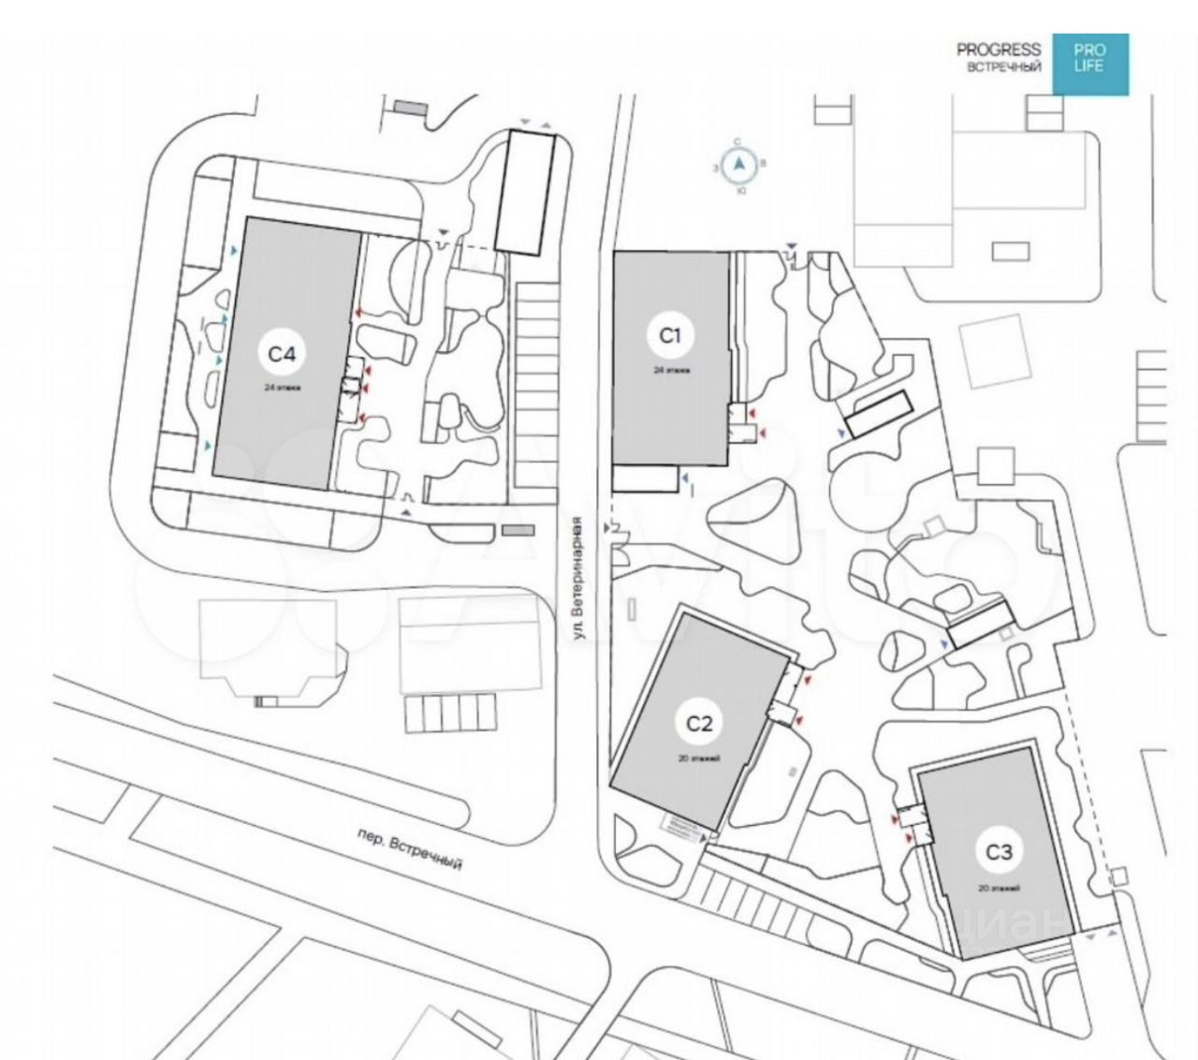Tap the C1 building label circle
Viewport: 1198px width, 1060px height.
point(671,335)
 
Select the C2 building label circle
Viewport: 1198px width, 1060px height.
point(699,723)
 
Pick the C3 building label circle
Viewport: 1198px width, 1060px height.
point(1000,852)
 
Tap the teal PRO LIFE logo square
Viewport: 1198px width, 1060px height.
point(1089,64)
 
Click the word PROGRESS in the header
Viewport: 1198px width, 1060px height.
point(999,50)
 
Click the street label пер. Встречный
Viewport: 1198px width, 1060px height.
point(411,849)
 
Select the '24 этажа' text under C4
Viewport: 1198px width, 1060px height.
point(282,387)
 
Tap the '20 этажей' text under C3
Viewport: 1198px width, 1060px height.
point(999,888)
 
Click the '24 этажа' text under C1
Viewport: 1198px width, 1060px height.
point(671,370)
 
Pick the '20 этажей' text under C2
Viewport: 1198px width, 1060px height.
point(700,758)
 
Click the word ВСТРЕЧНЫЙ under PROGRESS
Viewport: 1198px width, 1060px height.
point(1004,67)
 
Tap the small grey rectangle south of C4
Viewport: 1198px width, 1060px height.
point(518,531)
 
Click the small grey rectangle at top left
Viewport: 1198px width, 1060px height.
point(409,109)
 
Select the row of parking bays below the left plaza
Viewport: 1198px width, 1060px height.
point(448,713)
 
